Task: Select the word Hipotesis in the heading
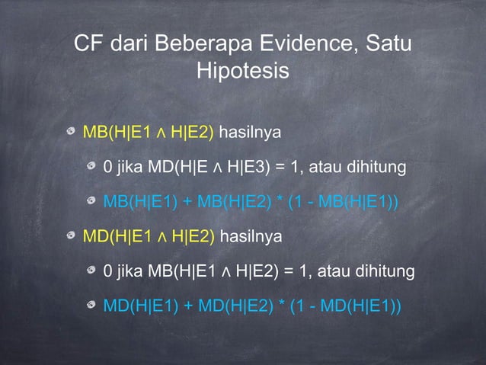(x=243, y=72)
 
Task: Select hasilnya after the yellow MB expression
(x=251, y=133)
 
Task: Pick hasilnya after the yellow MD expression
(x=251, y=237)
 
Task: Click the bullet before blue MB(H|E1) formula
(x=92, y=202)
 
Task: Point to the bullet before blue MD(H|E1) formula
(x=92, y=306)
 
